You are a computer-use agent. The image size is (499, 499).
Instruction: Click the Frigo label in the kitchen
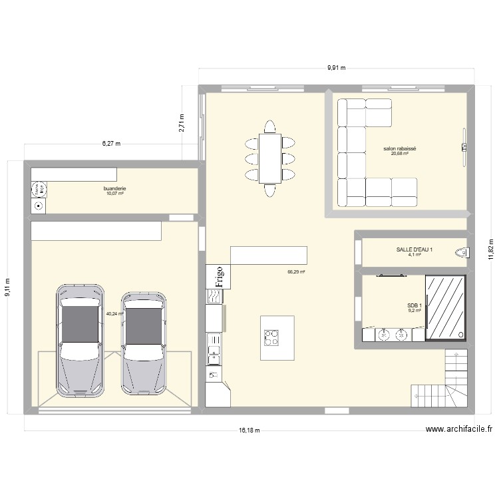218,276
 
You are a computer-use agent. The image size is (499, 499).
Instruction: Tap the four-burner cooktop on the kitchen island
271,338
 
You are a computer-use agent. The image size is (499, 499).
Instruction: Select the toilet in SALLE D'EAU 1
460,251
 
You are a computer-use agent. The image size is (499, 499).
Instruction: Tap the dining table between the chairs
269,158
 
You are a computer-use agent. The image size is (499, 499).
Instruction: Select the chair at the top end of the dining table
269,126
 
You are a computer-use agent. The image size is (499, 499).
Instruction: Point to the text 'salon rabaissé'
399,149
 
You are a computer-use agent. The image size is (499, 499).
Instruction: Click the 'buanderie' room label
114,189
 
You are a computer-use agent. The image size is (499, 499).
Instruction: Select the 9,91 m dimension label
336,68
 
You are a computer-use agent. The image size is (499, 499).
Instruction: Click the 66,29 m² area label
296,271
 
